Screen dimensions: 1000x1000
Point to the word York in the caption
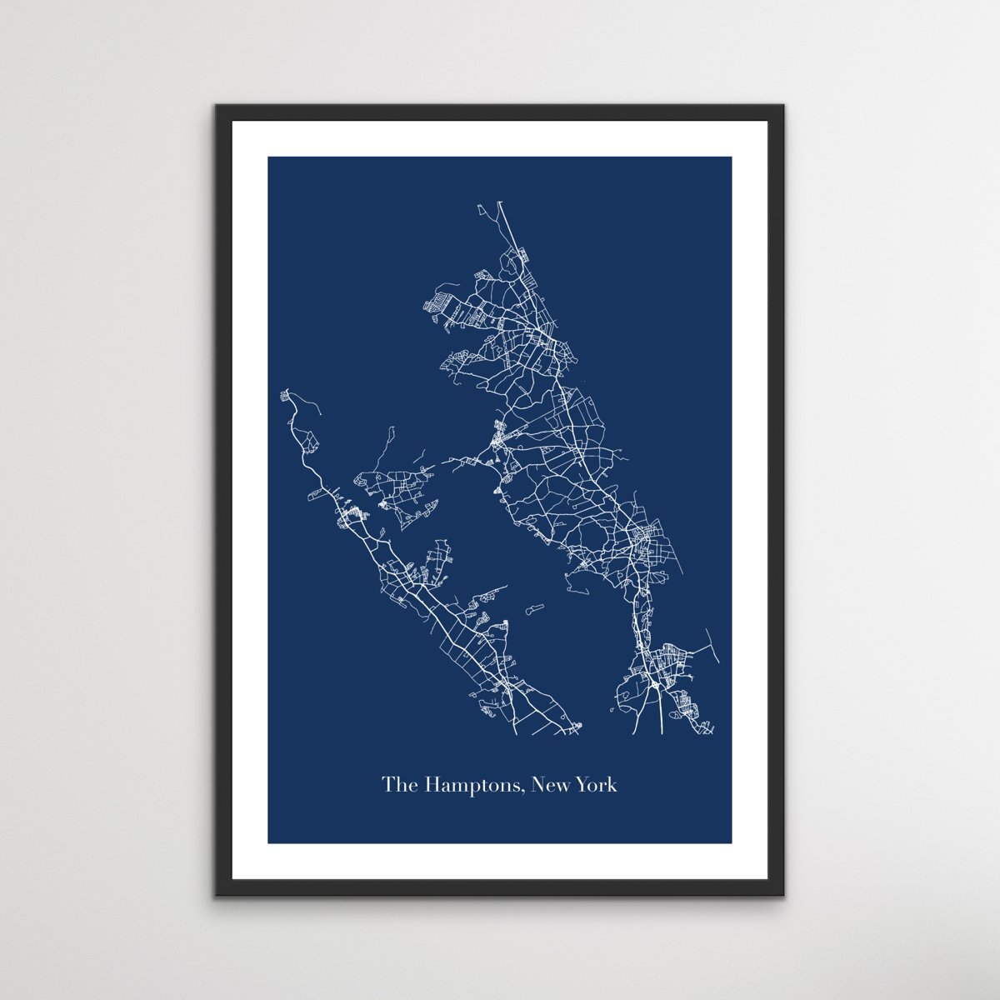click(597, 785)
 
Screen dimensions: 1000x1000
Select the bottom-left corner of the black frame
click(216, 896)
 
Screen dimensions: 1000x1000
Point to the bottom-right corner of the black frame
click(784, 896)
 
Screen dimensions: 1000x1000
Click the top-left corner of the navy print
click(268, 157)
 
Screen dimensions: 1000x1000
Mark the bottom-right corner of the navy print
click(732, 842)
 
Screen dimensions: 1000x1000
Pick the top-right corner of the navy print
click(732, 157)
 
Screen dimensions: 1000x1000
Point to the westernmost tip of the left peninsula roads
click(283, 392)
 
